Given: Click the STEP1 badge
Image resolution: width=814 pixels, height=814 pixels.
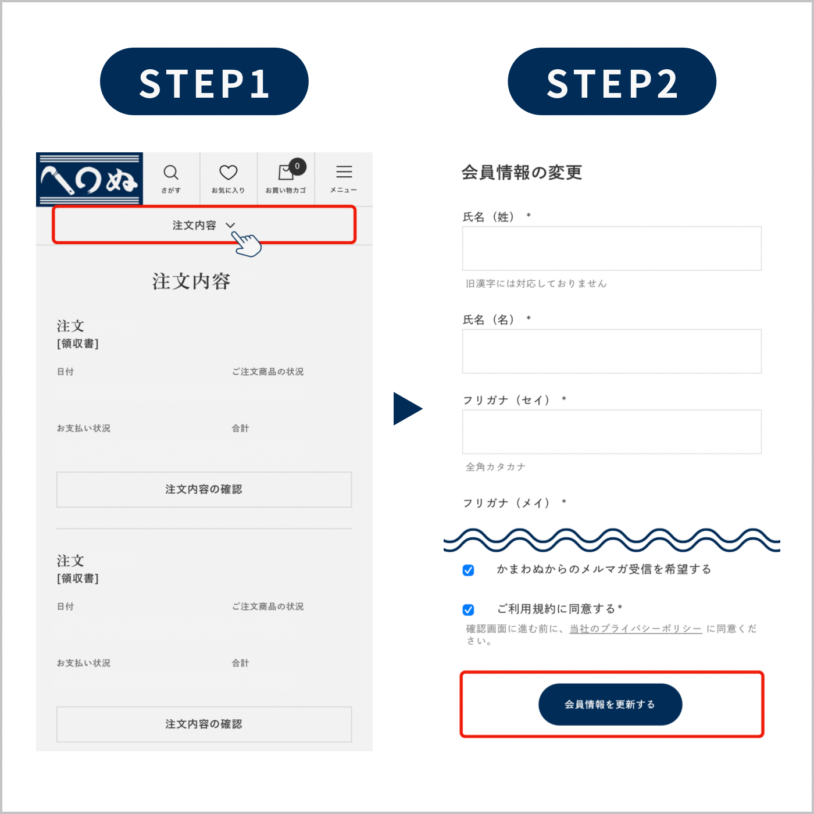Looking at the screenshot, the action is coord(204,81).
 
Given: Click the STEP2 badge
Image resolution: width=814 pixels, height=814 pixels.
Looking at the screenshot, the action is coord(612,81).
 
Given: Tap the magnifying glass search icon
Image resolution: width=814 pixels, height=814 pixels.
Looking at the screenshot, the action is coord(171,172).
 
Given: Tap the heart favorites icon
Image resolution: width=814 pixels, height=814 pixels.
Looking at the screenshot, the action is coord(228,172).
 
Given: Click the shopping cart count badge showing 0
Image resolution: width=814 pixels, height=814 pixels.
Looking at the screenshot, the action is coord(297,166).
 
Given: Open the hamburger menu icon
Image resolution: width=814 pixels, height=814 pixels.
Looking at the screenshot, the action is coord(344,172).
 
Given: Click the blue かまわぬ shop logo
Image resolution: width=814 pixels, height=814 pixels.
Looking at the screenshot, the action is coord(90,180).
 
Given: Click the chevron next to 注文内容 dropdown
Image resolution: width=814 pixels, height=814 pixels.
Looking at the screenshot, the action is coord(230,225).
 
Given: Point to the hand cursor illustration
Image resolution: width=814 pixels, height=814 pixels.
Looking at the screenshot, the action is coord(247,244).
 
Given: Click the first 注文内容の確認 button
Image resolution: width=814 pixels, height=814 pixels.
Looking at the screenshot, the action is coord(204,490).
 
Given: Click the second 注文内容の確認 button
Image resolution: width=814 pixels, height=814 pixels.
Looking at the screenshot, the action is coord(204,724).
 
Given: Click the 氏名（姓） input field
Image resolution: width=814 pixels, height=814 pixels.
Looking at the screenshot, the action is coord(612,248).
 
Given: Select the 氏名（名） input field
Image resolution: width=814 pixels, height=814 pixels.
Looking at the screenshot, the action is coord(612,351).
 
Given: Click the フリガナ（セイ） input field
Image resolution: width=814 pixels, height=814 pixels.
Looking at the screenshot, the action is coord(612,432).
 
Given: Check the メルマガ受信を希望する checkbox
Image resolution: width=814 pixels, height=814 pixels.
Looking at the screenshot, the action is coord(468,570).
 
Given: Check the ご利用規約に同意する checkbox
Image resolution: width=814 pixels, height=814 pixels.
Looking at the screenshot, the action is coord(468,609).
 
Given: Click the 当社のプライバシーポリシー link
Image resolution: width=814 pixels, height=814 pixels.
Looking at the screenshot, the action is coord(636,629).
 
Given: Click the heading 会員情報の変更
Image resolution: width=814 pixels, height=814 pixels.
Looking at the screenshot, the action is coord(522,172).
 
